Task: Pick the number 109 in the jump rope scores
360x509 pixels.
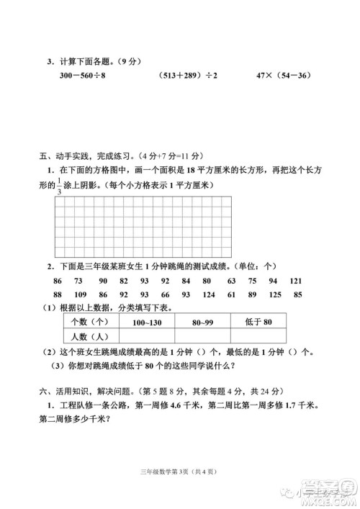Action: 80,294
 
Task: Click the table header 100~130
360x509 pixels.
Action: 146,321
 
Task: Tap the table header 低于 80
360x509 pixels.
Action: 256,321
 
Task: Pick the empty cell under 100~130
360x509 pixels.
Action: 146,335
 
